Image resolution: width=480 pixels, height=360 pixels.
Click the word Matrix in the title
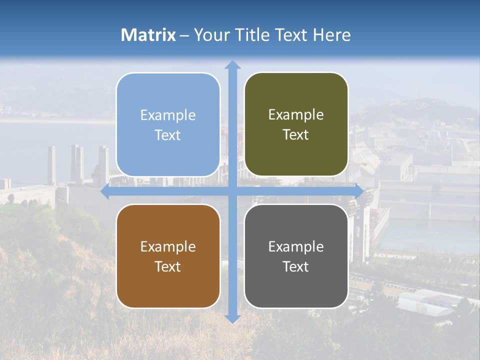click(x=148, y=35)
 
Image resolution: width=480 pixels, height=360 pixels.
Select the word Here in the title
click(x=332, y=35)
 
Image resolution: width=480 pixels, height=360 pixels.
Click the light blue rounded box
click(x=168, y=97)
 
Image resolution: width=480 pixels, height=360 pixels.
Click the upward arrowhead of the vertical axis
click(x=232, y=64)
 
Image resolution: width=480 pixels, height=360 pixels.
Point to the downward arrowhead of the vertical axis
click(x=232, y=319)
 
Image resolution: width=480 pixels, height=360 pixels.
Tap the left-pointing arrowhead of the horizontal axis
click(x=105, y=191)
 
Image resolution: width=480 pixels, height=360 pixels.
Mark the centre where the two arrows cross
click(x=232, y=191)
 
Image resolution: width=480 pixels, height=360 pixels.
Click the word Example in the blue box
click(x=168, y=115)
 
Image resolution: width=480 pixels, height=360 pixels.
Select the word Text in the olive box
click(x=296, y=135)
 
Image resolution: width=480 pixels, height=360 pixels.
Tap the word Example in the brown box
click(x=168, y=246)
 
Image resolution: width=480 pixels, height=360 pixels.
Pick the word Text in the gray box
click(x=296, y=266)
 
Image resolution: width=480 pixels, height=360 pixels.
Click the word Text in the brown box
click(x=168, y=266)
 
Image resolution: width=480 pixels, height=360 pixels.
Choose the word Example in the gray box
click(x=296, y=246)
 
